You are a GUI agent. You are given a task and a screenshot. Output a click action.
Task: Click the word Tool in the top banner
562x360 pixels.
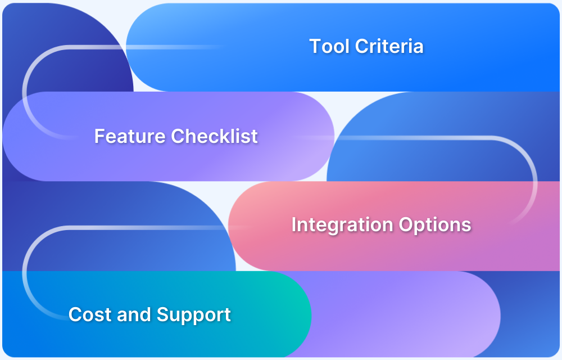coord(329,46)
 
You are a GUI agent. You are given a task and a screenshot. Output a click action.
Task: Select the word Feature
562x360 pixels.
coord(130,136)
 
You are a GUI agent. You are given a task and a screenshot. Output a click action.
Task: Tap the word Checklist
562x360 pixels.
coord(214,136)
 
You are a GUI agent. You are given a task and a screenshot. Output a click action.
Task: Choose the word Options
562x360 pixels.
coord(434,225)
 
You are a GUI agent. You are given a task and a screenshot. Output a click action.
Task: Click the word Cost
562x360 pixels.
coord(88,314)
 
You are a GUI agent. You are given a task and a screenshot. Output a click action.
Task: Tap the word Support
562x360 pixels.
coord(193,314)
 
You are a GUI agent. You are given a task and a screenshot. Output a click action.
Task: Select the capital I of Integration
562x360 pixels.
coord(294,225)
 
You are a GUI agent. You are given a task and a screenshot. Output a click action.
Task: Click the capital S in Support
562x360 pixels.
coord(163,314)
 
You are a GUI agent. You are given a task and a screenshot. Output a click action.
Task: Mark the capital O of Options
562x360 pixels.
coord(405,225)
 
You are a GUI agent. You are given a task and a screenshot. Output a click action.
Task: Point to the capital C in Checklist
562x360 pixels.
coord(178,136)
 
